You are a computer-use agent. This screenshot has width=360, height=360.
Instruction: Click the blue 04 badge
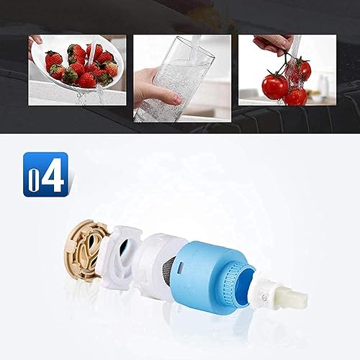pos(45,174)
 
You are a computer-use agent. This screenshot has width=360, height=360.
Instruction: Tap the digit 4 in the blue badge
pos(53,174)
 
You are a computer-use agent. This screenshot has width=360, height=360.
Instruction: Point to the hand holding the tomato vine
pos(274,45)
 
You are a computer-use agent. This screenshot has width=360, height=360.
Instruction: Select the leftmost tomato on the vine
pos(274,86)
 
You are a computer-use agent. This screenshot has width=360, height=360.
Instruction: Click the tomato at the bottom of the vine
pos(295,96)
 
